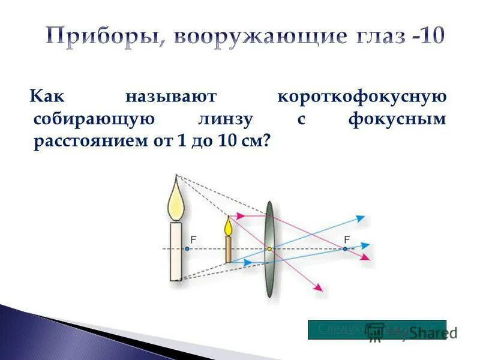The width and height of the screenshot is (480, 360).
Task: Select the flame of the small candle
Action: click(228, 226)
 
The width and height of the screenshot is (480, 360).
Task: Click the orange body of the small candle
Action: click(229, 249)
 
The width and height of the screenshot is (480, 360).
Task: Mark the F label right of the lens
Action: click(347, 239)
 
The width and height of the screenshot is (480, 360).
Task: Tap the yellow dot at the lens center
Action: click(269, 248)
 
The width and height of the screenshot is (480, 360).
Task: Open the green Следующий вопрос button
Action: click(377, 329)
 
